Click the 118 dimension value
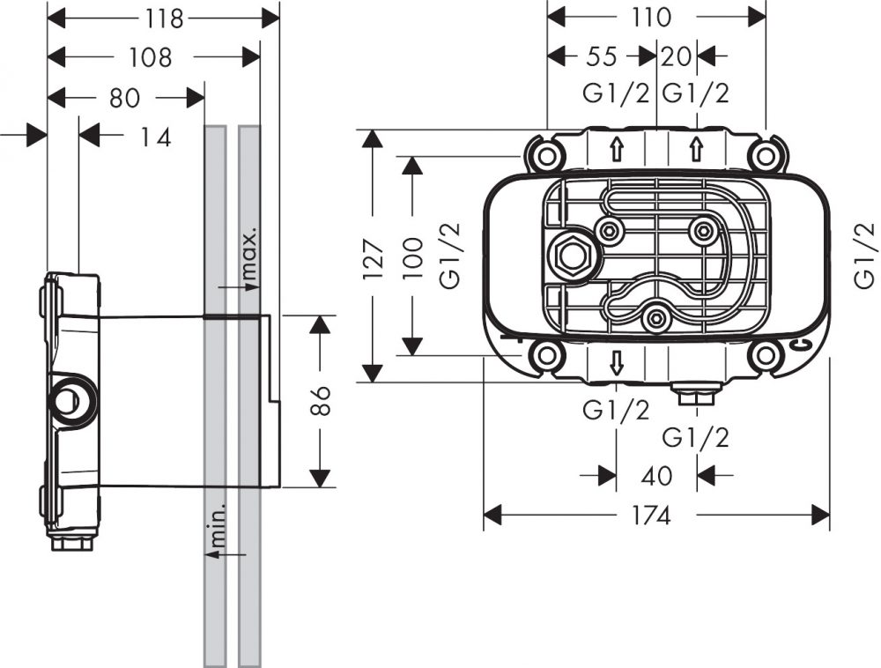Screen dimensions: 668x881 click(x=164, y=18)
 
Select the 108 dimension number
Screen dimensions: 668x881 click(x=151, y=57)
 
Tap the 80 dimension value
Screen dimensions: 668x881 click(x=125, y=97)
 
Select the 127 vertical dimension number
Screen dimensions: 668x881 click(x=374, y=256)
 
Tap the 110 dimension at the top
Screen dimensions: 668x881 click(x=651, y=17)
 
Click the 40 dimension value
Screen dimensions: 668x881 click(x=656, y=476)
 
